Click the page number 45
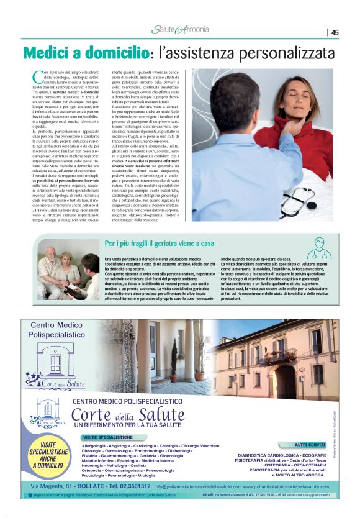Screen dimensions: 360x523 coord(335,33)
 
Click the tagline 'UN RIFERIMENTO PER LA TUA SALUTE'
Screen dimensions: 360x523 coord(128,427)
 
